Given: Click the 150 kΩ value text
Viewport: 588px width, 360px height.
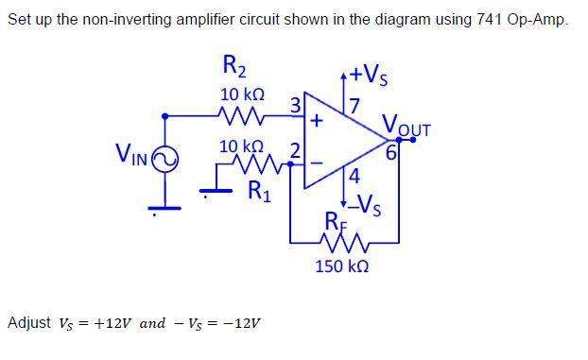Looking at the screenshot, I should point(341,267).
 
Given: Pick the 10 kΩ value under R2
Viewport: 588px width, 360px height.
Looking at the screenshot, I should point(241,95).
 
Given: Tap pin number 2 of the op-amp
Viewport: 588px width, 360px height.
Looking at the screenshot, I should point(295,150).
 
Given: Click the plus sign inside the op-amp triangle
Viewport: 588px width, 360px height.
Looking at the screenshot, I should point(317,120).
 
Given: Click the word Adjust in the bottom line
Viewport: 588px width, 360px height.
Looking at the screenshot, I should point(28,323).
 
